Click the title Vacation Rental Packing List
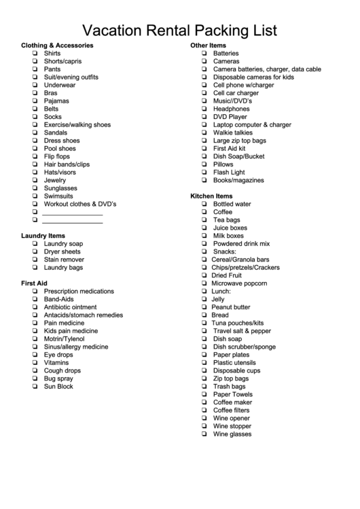tap(179, 30)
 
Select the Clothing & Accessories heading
tap(57, 45)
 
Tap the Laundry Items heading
tap(43, 235)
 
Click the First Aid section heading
tap(34, 283)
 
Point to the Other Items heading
tap(209, 45)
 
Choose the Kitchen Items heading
tap(211, 196)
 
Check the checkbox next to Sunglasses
tap(35, 188)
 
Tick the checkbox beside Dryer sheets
tap(35, 251)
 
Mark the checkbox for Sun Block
tap(35, 387)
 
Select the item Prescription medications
tap(79, 291)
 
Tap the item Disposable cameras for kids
tap(253, 77)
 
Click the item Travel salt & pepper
tap(242, 331)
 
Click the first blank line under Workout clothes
tap(72, 212)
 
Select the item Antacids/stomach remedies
tap(84, 315)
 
